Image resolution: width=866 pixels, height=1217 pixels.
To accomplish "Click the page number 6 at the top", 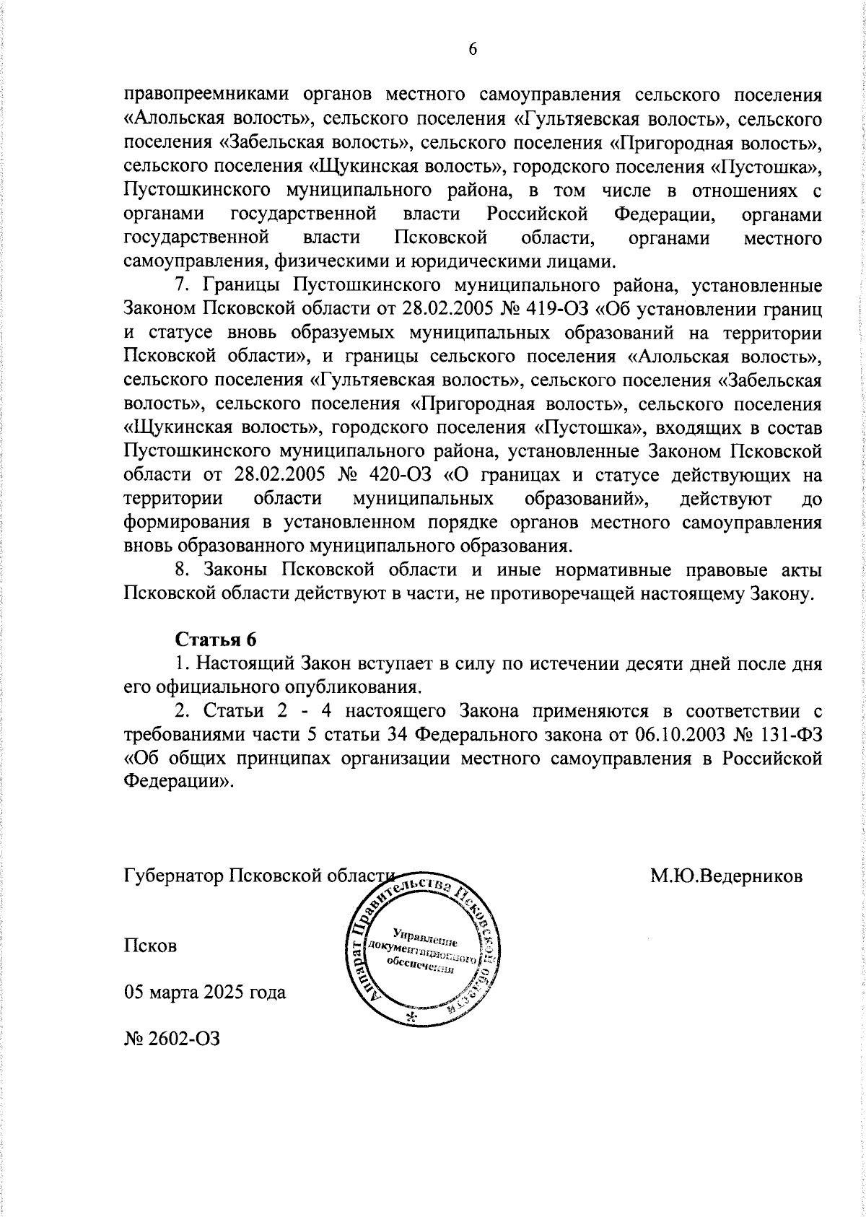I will tap(473, 48).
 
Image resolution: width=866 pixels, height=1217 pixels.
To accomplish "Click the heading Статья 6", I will tap(216, 639).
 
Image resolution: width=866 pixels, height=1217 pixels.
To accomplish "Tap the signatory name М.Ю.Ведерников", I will tap(726, 876).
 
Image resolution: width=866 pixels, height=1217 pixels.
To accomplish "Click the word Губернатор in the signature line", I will tap(173, 876).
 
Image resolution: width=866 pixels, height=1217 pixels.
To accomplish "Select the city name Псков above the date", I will tap(150, 945).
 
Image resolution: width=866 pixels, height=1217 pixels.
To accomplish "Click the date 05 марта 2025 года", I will tap(205, 992).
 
